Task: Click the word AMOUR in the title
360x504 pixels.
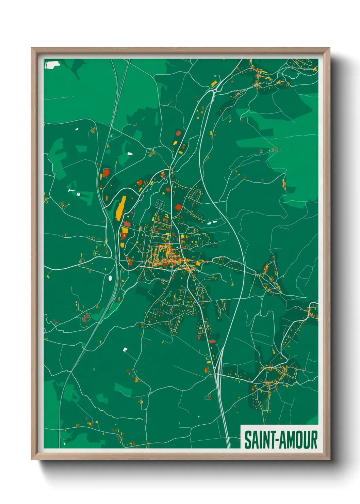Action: point(299,440)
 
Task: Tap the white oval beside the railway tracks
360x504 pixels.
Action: point(110,278)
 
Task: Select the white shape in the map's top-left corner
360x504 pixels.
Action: point(52,65)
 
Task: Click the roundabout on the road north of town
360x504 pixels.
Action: point(215,91)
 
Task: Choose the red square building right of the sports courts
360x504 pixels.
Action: point(178,207)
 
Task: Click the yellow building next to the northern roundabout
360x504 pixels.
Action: point(214,83)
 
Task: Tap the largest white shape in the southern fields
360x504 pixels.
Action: point(125,349)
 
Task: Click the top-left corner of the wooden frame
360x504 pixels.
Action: point(32,48)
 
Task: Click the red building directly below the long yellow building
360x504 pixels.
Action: point(127,224)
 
